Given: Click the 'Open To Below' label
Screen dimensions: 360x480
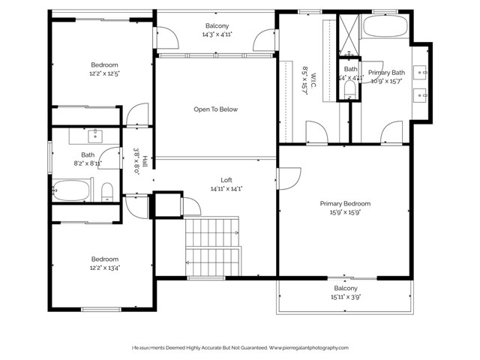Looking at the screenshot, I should point(215,109).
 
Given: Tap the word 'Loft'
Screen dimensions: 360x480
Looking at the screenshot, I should point(226,180).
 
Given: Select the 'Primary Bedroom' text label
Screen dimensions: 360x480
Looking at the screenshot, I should point(345,203).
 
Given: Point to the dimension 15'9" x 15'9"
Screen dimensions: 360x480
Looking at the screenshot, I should point(345,212).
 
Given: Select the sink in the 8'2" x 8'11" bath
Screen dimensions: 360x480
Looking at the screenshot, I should point(96,136).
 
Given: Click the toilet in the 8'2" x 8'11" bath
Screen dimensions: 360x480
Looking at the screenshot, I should point(107,190).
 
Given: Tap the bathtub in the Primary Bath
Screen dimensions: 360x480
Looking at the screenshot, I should point(385,28).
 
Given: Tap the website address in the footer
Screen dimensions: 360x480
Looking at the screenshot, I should point(309,348).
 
